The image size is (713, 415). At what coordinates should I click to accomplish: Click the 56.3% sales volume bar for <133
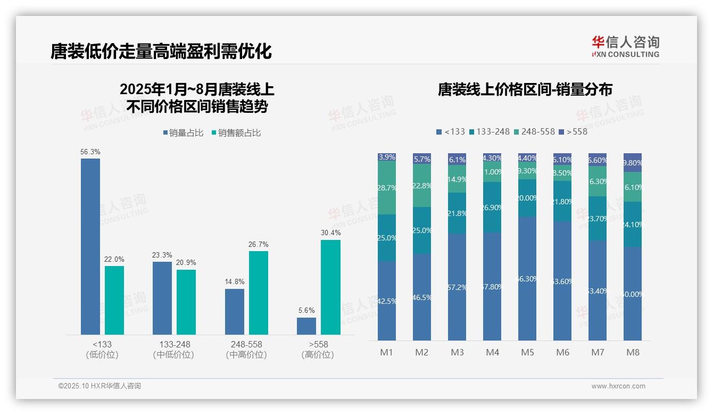[90, 246]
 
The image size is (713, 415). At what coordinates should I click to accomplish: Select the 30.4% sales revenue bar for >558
[330, 287]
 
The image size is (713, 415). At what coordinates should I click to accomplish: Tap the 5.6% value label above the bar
[306, 311]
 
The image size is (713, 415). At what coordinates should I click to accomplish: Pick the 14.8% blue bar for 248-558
[235, 312]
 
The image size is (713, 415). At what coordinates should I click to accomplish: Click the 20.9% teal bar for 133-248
[186, 302]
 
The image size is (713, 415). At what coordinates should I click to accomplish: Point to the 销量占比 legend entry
[183, 133]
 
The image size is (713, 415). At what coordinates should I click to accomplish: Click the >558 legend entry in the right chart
[573, 131]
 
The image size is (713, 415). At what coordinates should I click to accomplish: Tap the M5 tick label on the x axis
[527, 352]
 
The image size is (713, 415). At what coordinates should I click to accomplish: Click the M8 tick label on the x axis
[633, 352]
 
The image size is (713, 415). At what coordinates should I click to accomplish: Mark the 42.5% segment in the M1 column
[387, 301]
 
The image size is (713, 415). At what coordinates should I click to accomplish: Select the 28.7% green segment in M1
[387, 188]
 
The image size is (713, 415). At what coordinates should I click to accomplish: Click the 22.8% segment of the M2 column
[422, 186]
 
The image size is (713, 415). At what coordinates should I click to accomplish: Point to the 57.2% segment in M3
[457, 287]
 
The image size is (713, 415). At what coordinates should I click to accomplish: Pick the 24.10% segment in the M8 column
[633, 225]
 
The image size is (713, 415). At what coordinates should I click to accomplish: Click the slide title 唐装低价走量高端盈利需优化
[161, 51]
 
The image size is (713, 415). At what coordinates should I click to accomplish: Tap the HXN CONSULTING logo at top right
[625, 47]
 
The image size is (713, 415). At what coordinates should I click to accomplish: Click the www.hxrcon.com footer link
[618, 386]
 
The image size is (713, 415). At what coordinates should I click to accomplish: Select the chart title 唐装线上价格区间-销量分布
[525, 89]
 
